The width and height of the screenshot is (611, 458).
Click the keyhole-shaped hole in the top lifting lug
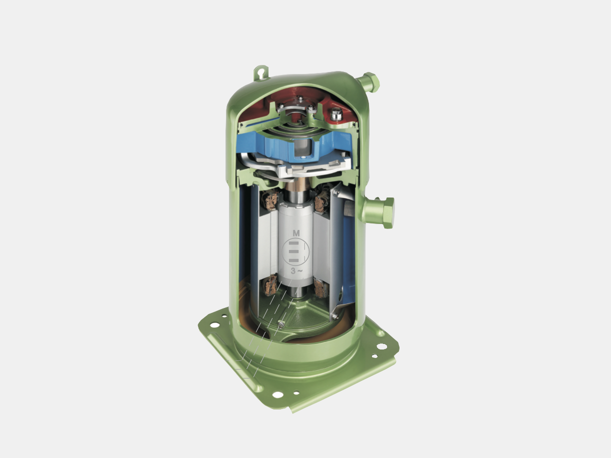pyautogui.click(x=260, y=72)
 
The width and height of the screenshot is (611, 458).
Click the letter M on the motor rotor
pyautogui.click(x=296, y=233)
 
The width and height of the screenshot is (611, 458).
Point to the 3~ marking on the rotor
pyautogui.click(x=296, y=270)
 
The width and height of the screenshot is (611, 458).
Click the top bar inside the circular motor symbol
pyautogui.click(x=294, y=243)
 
